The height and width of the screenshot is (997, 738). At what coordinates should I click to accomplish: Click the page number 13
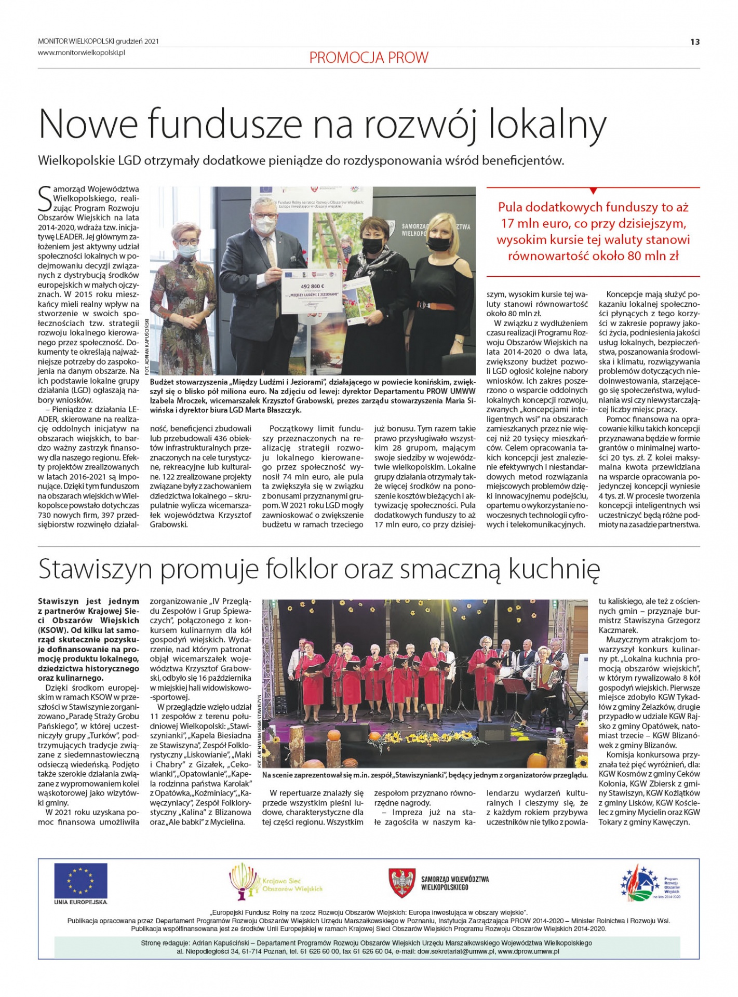695,42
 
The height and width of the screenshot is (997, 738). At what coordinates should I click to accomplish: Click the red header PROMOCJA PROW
369,58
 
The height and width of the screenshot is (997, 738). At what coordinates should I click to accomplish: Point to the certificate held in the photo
312,292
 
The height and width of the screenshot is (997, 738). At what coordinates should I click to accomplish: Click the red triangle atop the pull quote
593,191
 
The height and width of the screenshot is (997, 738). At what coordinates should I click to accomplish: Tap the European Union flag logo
80,881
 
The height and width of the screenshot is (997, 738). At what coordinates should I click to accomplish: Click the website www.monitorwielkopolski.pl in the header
82,52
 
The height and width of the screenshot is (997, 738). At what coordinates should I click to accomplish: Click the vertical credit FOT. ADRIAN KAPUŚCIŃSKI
147,346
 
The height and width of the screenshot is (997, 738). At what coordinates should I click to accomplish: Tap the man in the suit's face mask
265,224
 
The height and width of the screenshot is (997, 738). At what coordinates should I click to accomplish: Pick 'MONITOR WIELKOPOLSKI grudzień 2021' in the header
98,42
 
